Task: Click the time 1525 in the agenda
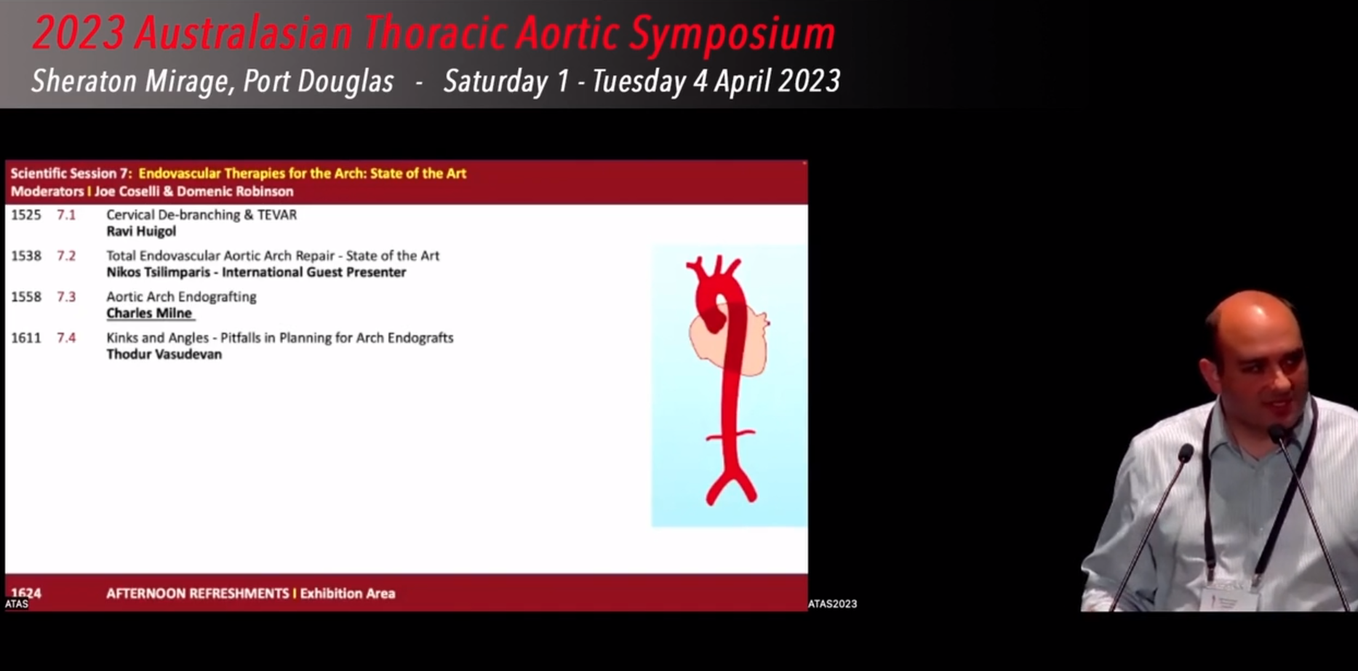coord(25,215)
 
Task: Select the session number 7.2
coord(66,255)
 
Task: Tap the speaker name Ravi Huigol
coord(141,231)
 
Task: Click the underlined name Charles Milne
coord(149,314)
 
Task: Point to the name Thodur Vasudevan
coord(164,354)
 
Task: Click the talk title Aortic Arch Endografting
coord(181,297)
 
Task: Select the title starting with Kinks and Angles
coord(280,338)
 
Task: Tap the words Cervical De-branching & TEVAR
coord(201,215)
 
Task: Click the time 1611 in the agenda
coord(25,338)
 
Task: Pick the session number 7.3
coord(66,297)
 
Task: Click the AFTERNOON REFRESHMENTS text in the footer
coord(197,593)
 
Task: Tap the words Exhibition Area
coord(348,593)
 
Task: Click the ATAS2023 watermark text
coord(833,603)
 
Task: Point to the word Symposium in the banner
coord(732,33)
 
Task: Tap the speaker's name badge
coord(1229,595)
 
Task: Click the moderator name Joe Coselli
coord(127,191)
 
